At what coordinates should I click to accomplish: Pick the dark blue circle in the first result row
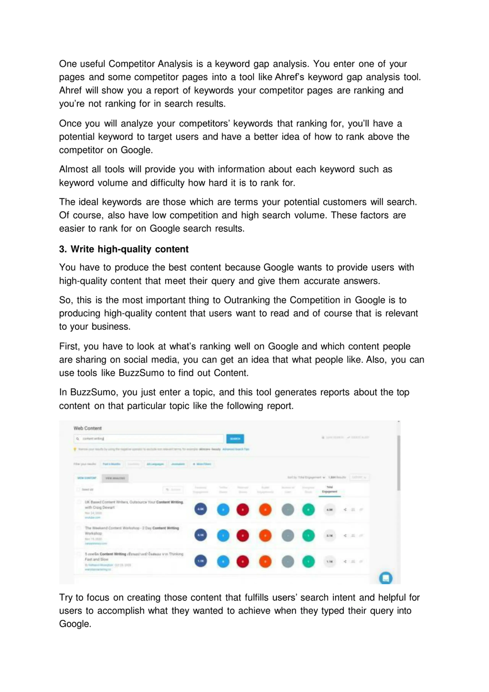(201, 509)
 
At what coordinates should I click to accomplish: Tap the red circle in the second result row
(243, 536)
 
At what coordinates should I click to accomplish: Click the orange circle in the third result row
(265, 561)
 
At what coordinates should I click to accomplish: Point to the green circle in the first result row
(308, 509)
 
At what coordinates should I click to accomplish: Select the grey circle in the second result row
(288, 536)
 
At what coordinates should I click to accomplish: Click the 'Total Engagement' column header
(330, 489)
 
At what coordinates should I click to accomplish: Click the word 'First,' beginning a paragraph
(69, 347)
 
